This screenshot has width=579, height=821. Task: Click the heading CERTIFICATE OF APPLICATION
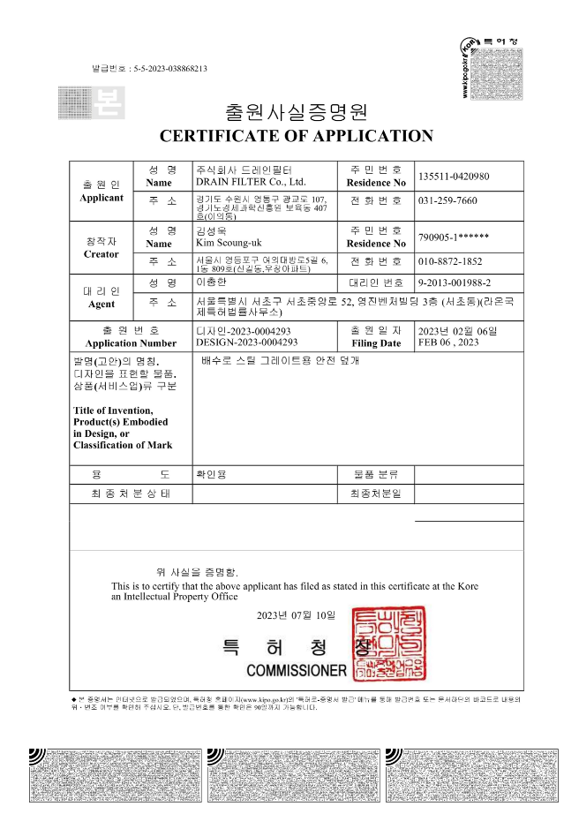coord(296,136)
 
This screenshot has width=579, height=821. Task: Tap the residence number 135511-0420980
coord(454,176)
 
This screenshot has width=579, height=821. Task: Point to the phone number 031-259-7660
coord(447,200)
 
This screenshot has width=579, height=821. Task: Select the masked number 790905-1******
coord(454,237)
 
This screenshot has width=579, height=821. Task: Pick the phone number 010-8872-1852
coord(450,262)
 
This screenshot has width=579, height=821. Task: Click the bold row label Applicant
coord(102,198)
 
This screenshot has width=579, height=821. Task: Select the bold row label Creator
coord(101,254)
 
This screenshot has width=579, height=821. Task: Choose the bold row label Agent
coord(102,304)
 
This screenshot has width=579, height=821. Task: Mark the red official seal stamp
coord(388,644)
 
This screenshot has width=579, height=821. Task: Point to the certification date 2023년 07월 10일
coord(297,614)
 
